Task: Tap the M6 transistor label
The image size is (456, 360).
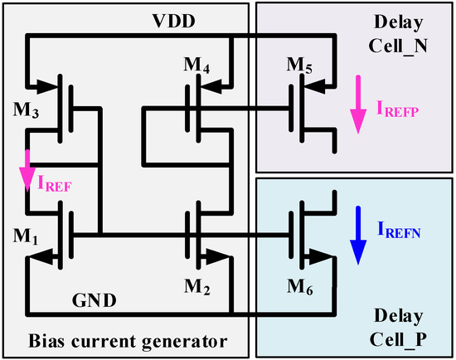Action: point(299,288)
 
